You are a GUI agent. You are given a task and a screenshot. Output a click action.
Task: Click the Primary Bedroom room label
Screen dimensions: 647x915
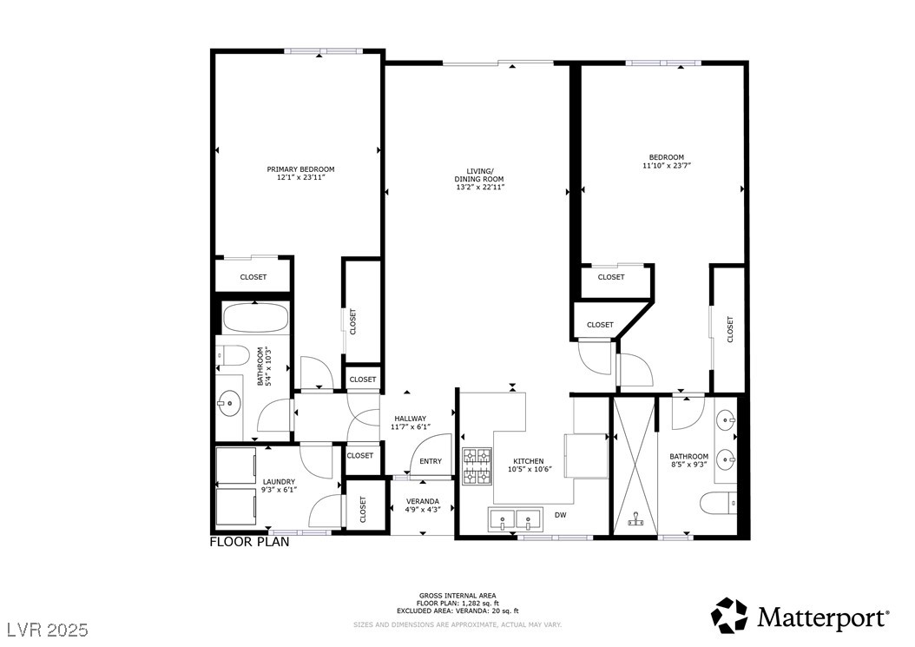tap(300, 169)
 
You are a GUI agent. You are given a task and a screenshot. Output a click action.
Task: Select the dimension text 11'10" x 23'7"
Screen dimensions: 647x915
tap(666, 165)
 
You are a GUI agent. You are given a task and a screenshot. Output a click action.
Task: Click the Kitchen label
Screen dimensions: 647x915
tap(528, 461)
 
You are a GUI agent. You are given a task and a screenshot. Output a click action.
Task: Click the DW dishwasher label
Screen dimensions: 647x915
tap(561, 515)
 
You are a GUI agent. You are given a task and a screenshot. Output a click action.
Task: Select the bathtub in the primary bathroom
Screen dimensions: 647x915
tap(255, 319)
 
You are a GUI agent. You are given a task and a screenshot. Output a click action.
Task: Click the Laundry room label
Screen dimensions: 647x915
tap(279, 481)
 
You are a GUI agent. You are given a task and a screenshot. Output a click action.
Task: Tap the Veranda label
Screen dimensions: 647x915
tap(423, 501)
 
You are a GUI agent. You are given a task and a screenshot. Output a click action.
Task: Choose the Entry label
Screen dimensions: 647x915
tap(431, 461)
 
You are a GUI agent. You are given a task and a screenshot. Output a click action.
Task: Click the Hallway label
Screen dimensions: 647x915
tap(410, 418)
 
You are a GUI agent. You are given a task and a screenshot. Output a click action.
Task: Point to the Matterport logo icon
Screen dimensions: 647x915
tap(729, 615)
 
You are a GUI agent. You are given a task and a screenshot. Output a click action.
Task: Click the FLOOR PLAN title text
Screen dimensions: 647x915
tap(250, 542)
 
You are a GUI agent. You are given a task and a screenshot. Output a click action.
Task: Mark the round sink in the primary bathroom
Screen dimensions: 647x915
tap(230, 401)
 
